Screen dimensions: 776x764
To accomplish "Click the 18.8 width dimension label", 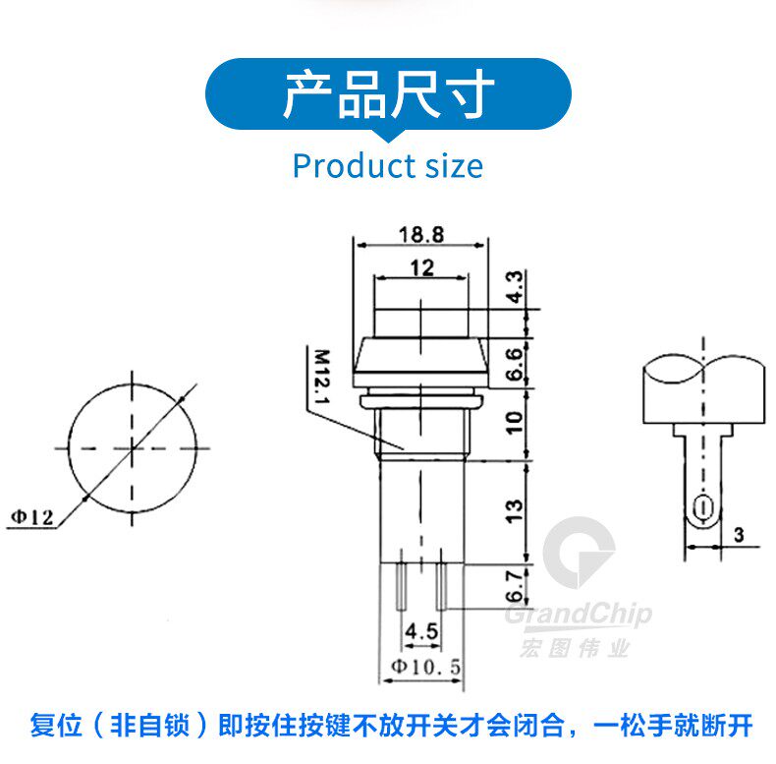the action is click(421, 234).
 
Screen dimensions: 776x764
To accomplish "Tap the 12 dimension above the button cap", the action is click(422, 268).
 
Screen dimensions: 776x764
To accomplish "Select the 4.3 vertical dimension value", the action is click(515, 287).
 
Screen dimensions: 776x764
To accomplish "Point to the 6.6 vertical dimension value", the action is click(515, 364).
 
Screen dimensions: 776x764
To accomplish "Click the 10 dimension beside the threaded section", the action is click(515, 423).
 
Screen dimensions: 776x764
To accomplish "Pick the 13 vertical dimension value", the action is click(515, 511).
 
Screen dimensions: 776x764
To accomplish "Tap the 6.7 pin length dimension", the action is click(515, 586).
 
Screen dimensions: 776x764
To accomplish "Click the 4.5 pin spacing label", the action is click(421, 631).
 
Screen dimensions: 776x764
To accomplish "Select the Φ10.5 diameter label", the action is click(426, 667).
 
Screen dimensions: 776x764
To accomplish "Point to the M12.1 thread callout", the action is click(322, 377).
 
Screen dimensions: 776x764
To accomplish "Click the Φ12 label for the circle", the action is click(32, 518).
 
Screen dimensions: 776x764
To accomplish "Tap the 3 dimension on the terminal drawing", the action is click(739, 535).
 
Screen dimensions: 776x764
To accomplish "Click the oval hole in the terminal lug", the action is click(701, 508).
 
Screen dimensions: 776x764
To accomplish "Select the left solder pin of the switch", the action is click(401, 586).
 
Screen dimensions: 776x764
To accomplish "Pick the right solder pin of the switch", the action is click(441, 586).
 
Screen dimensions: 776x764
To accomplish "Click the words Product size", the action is click(388, 166).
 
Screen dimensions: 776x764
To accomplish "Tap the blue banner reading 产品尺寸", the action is click(389, 94).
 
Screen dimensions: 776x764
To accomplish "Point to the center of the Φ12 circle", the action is click(133, 449).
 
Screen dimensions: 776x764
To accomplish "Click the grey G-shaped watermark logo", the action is click(578, 553).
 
